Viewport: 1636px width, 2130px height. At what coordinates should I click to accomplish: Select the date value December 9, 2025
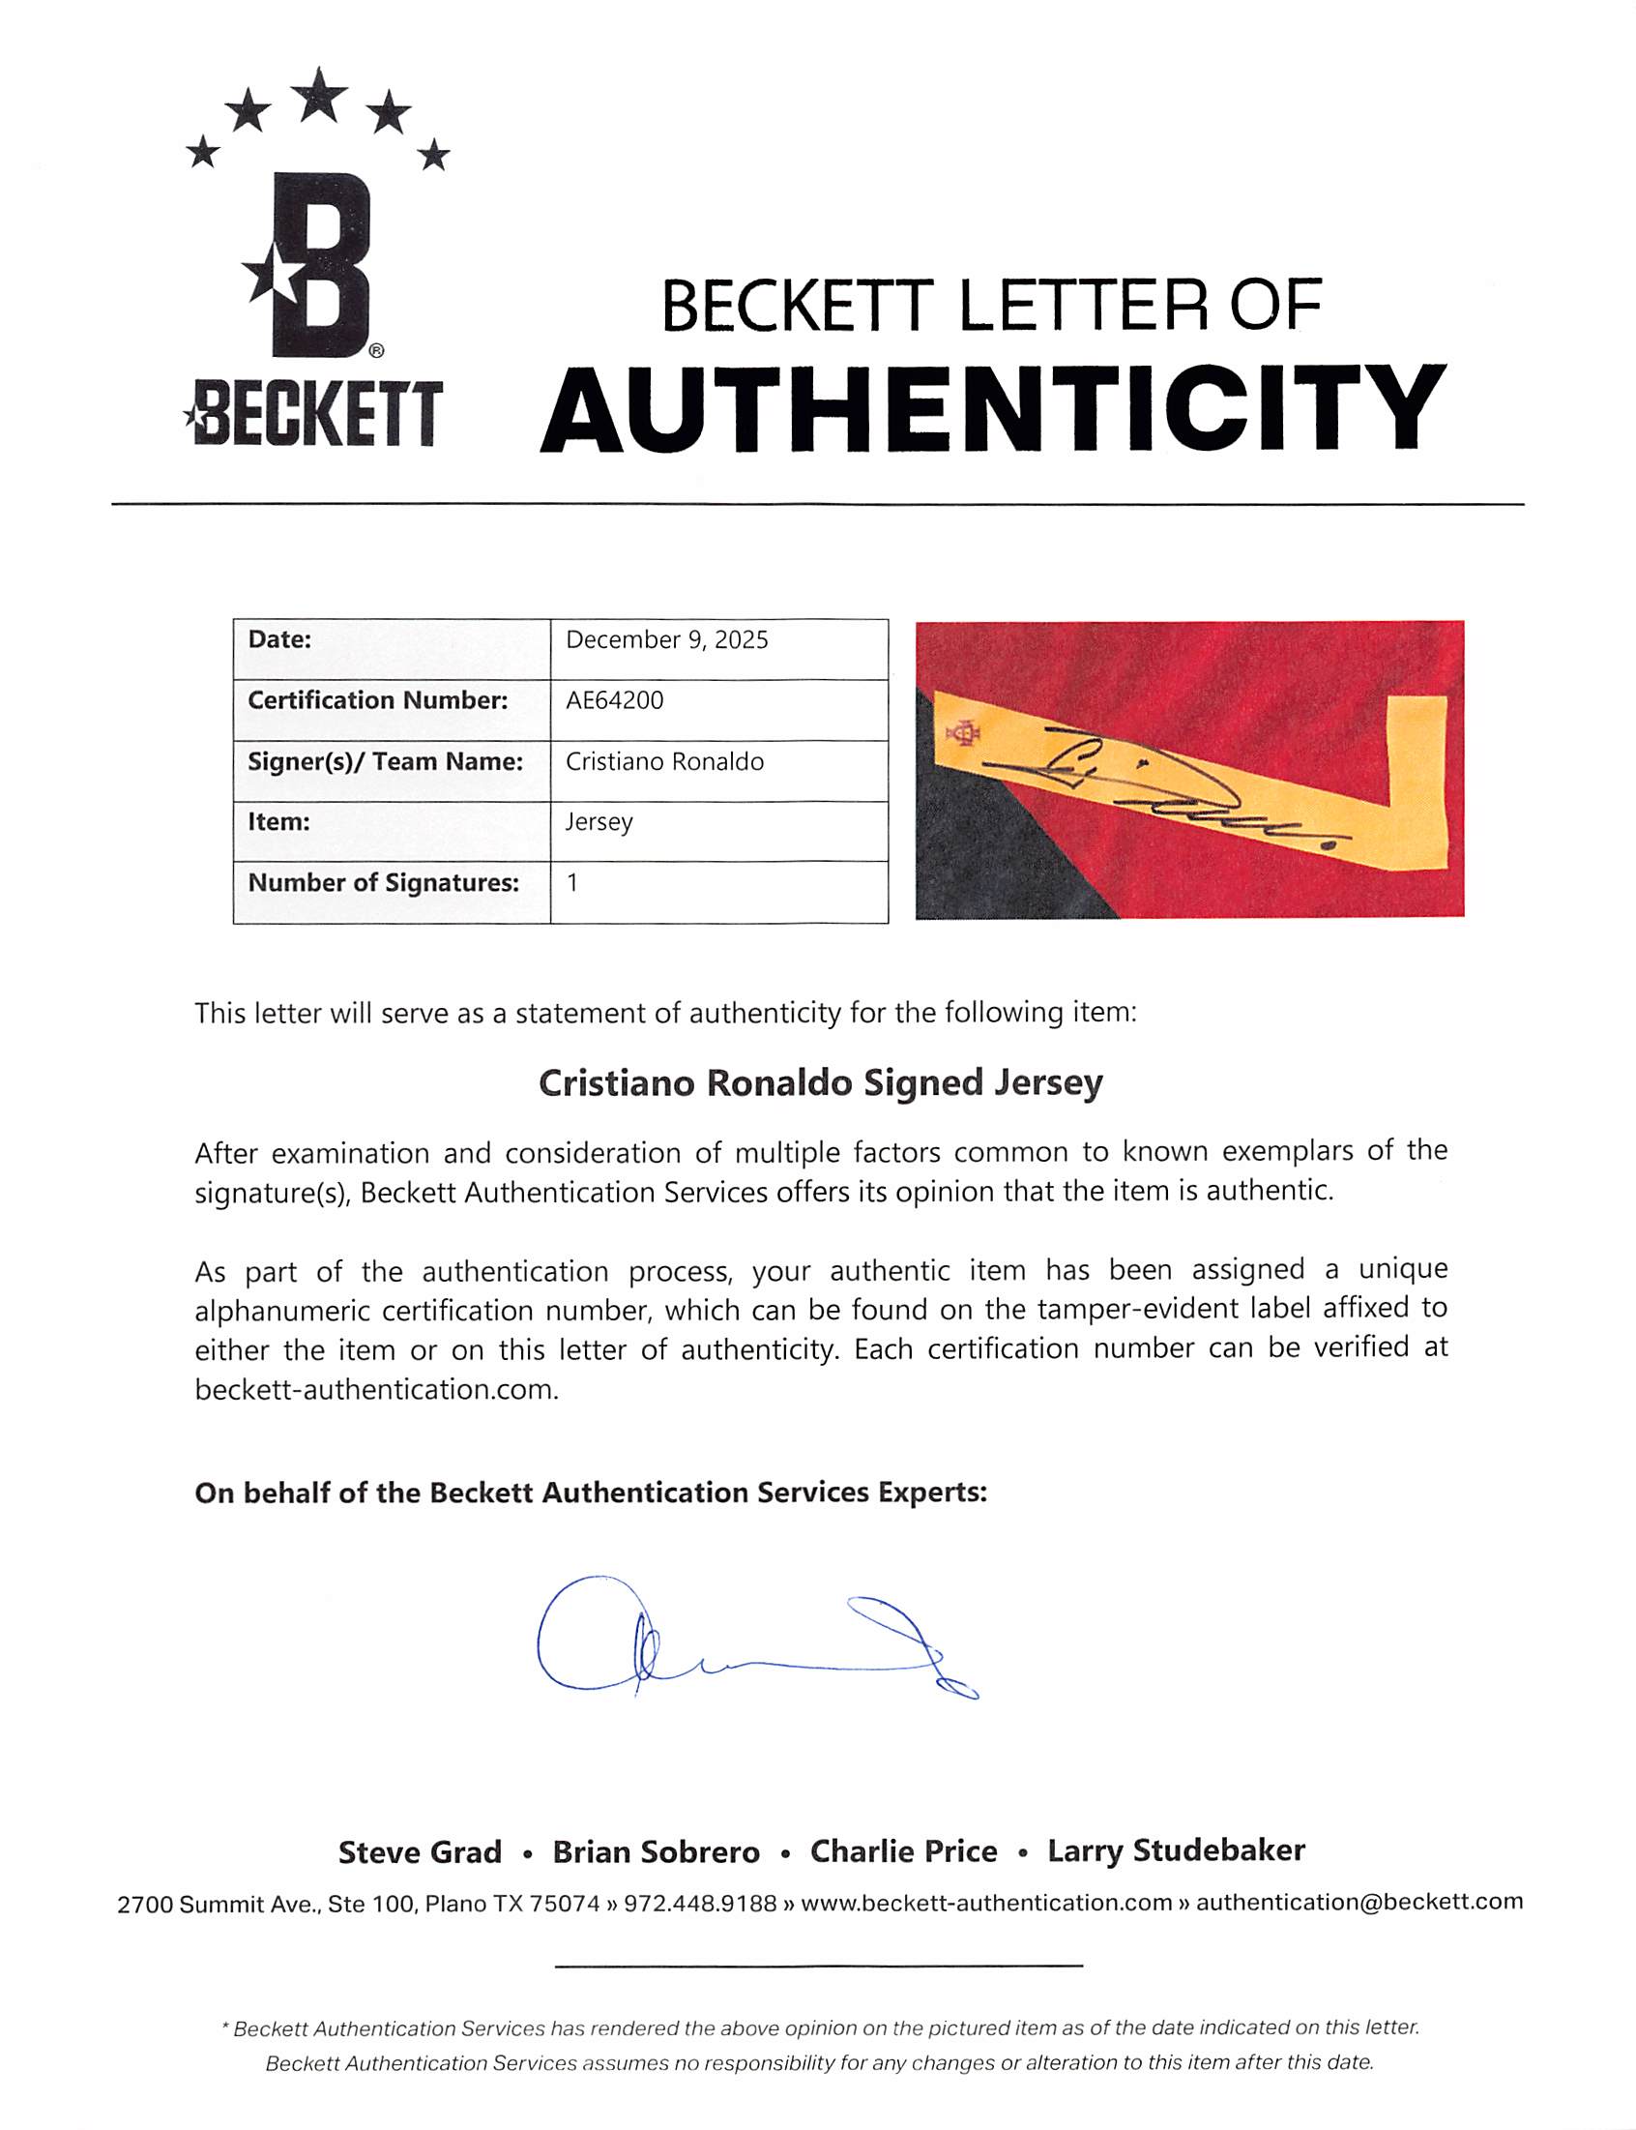click(x=667, y=640)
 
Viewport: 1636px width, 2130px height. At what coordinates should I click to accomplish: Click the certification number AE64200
click(x=615, y=700)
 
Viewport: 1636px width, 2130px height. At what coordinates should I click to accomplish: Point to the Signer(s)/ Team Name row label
click(x=385, y=761)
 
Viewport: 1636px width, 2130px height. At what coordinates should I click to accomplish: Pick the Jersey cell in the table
click(x=599, y=822)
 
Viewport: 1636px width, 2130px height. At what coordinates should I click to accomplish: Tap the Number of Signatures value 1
click(x=572, y=882)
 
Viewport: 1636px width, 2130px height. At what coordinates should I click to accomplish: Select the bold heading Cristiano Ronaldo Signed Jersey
click(x=820, y=1083)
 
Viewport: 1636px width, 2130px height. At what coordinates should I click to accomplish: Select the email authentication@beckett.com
click(x=1359, y=1901)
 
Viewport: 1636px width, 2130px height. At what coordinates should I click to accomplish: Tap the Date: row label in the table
click(x=279, y=640)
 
